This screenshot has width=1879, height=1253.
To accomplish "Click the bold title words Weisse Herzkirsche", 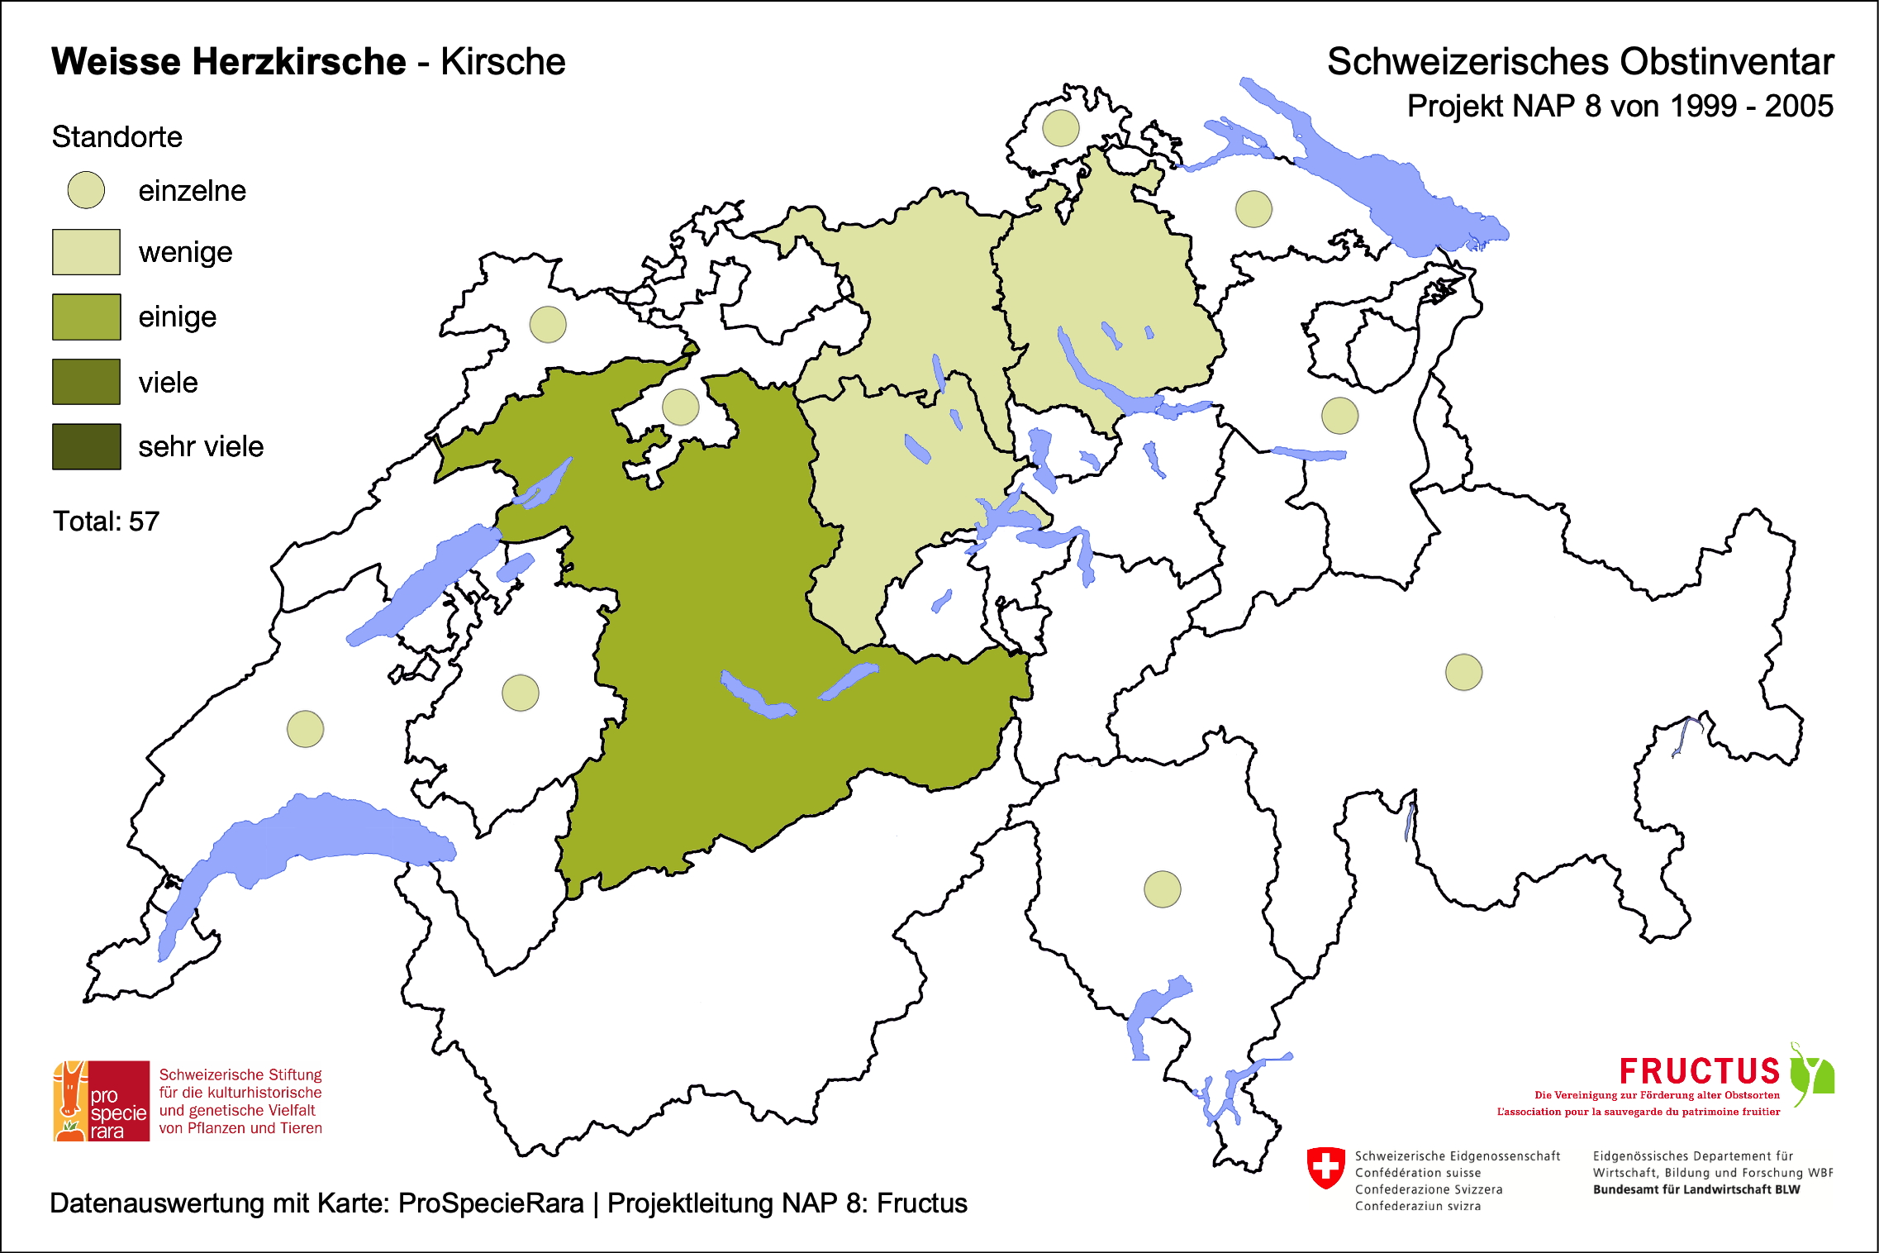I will click(x=229, y=62).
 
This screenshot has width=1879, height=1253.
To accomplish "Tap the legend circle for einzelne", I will click(x=86, y=190).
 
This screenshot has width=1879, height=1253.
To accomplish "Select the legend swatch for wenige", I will click(x=86, y=252).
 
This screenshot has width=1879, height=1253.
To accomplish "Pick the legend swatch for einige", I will click(x=86, y=317).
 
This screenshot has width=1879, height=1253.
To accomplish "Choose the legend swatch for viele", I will click(x=86, y=382).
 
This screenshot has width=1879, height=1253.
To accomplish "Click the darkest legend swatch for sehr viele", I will click(x=86, y=446).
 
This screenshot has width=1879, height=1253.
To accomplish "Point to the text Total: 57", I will click(x=106, y=522).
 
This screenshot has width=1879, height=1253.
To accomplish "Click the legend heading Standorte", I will click(x=117, y=137).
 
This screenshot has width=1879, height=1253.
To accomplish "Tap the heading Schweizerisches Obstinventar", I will click(x=1580, y=62).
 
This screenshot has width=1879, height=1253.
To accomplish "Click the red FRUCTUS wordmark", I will click(x=1699, y=1071).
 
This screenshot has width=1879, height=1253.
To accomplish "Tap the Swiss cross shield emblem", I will click(x=1326, y=1167).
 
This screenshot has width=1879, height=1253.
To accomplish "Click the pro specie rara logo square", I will click(x=102, y=1101).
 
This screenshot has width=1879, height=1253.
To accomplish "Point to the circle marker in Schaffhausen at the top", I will click(x=1061, y=128).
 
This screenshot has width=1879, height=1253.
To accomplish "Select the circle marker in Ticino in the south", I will click(x=1163, y=889).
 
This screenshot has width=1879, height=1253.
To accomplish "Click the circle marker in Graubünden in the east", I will click(x=1464, y=672).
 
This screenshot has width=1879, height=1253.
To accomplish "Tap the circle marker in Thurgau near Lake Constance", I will click(x=1253, y=209).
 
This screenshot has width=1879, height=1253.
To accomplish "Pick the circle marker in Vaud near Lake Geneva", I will click(x=306, y=729).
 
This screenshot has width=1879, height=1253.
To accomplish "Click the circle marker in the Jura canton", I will click(x=548, y=324).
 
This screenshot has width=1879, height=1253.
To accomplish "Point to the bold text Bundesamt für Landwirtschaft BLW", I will click(x=1696, y=1189).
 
